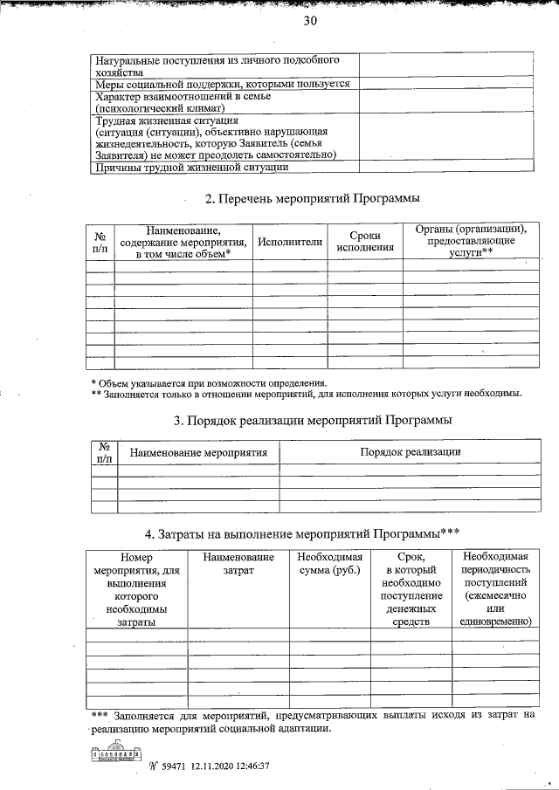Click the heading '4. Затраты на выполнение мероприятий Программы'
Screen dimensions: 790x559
click(303, 534)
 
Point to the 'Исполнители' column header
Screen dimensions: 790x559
click(290, 241)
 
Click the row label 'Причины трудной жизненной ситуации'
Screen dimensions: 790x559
click(191, 167)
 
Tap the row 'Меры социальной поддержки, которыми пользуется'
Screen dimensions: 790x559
click(223, 84)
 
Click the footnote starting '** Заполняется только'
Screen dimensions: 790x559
click(307, 394)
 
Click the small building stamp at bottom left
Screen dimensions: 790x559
click(115, 752)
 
